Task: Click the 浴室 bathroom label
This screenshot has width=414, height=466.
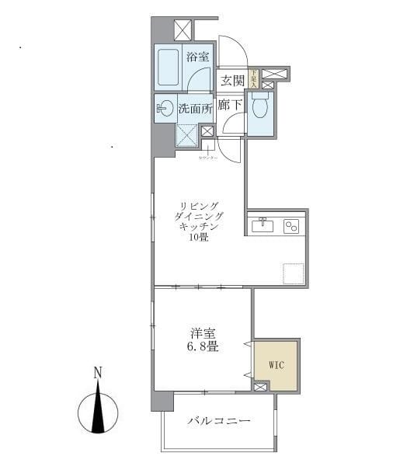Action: pyautogui.click(x=197, y=56)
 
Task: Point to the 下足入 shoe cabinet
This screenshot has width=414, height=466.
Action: pyautogui.click(x=252, y=78)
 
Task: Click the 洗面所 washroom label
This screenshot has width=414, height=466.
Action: pyautogui.click(x=195, y=109)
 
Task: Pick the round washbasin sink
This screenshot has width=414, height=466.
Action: pyautogui.click(x=165, y=109)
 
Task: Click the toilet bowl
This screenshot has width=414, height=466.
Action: pyautogui.click(x=259, y=108)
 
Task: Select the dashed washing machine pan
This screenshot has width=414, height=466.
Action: pyautogui.click(x=186, y=135)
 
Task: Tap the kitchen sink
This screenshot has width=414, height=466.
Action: pyautogui.click(x=261, y=225)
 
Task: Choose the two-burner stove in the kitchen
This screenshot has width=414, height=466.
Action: pyautogui.click(x=290, y=226)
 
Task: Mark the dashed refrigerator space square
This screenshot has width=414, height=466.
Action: pyautogui.click(x=293, y=275)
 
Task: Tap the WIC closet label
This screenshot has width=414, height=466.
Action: pyautogui.click(x=277, y=363)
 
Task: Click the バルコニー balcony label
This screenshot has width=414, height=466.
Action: pyautogui.click(x=218, y=422)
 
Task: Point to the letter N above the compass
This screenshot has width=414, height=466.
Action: pyautogui.click(x=97, y=373)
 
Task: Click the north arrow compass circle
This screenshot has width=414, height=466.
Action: pyautogui.click(x=98, y=412)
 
